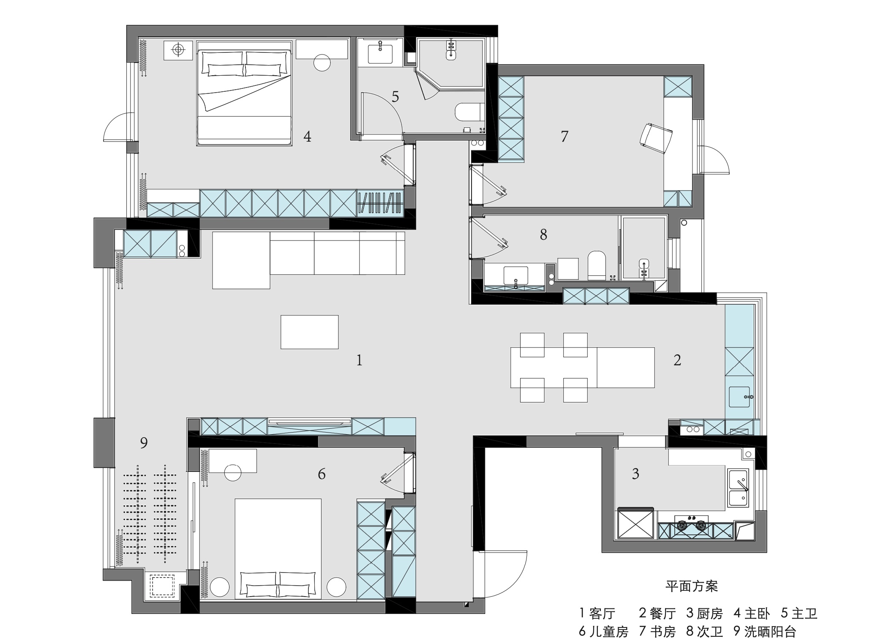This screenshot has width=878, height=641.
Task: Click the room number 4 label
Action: (x=307, y=137)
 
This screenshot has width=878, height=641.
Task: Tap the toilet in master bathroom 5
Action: (x=469, y=113)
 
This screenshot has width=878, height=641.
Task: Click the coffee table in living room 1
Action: (x=309, y=332)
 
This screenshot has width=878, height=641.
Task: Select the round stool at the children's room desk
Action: (x=233, y=472)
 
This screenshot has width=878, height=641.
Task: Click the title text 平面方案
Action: (x=691, y=586)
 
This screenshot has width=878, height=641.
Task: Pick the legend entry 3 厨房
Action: (x=704, y=613)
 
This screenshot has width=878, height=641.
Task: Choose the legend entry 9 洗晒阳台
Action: (x=765, y=631)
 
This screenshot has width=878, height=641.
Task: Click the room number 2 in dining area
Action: (x=677, y=360)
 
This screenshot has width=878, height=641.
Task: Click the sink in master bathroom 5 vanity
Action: (x=380, y=53)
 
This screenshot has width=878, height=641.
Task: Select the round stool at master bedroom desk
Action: (x=322, y=63)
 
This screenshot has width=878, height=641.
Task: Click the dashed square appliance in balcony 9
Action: (x=162, y=586)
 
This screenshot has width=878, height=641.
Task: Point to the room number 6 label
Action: (x=322, y=474)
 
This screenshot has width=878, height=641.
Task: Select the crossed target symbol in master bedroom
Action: (x=178, y=50)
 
